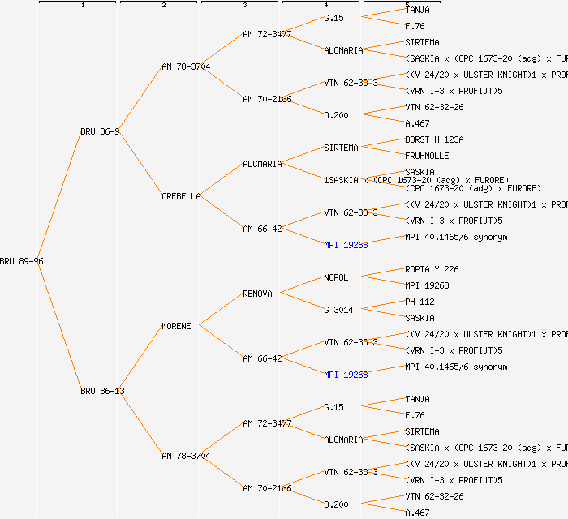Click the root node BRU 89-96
pos(22,261)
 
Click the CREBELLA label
pos(181,196)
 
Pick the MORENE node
pos(176,326)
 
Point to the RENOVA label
pos(257,294)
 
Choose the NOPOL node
pos(336,277)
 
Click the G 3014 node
pos(338,310)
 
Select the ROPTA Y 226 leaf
pos(432,269)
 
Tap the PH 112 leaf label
pos(420,302)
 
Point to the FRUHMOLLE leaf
pos(427,156)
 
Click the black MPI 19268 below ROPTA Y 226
pos(427,285)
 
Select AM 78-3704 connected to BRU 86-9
pos(186,66)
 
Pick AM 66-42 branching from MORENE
pos(262,358)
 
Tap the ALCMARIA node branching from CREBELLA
pos(262,164)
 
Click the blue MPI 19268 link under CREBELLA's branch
pos(346,245)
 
